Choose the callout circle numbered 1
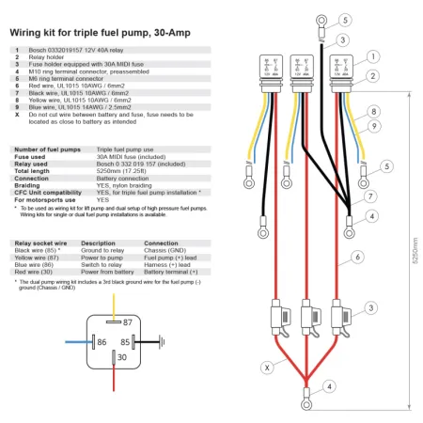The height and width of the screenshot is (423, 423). (372, 56)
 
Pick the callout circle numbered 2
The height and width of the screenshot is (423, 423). (372, 76)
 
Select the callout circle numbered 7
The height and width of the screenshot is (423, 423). (372, 196)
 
